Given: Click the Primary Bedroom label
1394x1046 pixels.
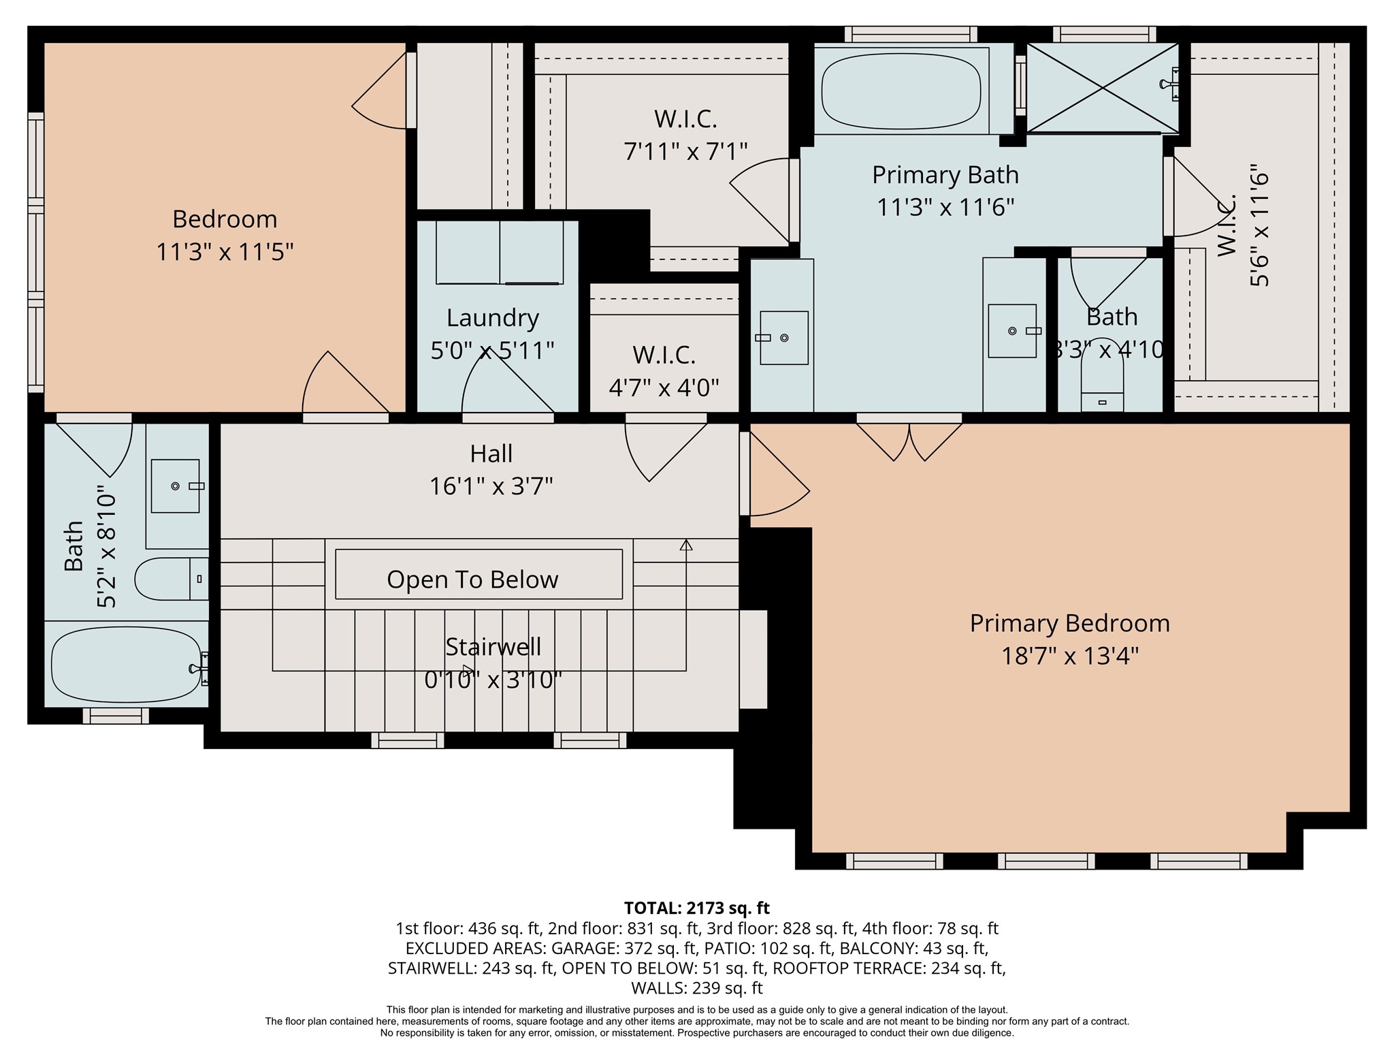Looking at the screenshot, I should click(1069, 623).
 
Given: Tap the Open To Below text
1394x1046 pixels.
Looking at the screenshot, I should click(472, 580).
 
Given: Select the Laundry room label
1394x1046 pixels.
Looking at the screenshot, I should click(492, 318).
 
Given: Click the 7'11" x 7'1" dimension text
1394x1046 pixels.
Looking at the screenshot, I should click(685, 151).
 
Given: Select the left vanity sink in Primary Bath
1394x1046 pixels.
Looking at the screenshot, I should click(783, 338).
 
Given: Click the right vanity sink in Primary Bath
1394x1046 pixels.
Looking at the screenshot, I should click(1012, 331).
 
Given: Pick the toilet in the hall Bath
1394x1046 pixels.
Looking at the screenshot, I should click(170, 579).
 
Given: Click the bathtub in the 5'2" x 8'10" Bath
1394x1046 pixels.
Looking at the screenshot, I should click(126, 665).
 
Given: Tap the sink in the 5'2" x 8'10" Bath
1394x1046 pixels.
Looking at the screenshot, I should click(175, 486).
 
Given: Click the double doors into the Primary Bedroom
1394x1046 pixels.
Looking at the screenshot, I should click(909, 440).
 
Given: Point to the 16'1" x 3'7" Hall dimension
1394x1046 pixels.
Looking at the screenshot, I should click(491, 486).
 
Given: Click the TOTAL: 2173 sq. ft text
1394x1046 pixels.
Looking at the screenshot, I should click(696, 908).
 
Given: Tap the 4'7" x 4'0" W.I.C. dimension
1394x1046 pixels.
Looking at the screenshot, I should click(664, 388).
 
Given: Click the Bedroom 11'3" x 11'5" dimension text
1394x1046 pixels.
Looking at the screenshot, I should click(225, 252).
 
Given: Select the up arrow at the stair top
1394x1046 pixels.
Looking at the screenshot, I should click(686, 545).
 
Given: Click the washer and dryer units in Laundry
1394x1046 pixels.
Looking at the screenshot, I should click(499, 252).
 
